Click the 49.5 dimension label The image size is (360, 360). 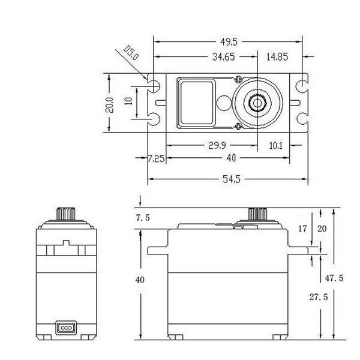(x=229, y=42)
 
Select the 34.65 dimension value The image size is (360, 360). (x=224, y=57)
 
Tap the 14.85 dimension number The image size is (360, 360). (x=277, y=57)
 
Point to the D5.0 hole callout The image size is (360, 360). (x=131, y=53)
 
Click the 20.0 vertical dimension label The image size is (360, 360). (x=109, y=105)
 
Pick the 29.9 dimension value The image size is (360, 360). (x=217, y=145)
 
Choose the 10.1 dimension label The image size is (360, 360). (x=275, y=146)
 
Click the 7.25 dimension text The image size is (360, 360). (x=156, y=158)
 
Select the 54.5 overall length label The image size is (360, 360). (x=232, y=179)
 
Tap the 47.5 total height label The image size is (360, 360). (x=334, y=278)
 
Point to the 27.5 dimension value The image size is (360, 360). (x=319, y=297)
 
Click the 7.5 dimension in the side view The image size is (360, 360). (x=143, y=218)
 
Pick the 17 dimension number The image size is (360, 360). (x=302, y=229)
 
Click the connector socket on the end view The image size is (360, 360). (x=66, y=328)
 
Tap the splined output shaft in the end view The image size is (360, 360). (x=66, y=214)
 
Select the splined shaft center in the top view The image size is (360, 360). (x=257, y=103)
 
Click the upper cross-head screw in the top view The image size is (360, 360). (x=239, y=79)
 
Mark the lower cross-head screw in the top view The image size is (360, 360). (x=239, y=126)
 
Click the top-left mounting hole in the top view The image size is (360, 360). (x=154, y=86)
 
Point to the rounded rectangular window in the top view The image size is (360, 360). (x=196, y=103)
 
